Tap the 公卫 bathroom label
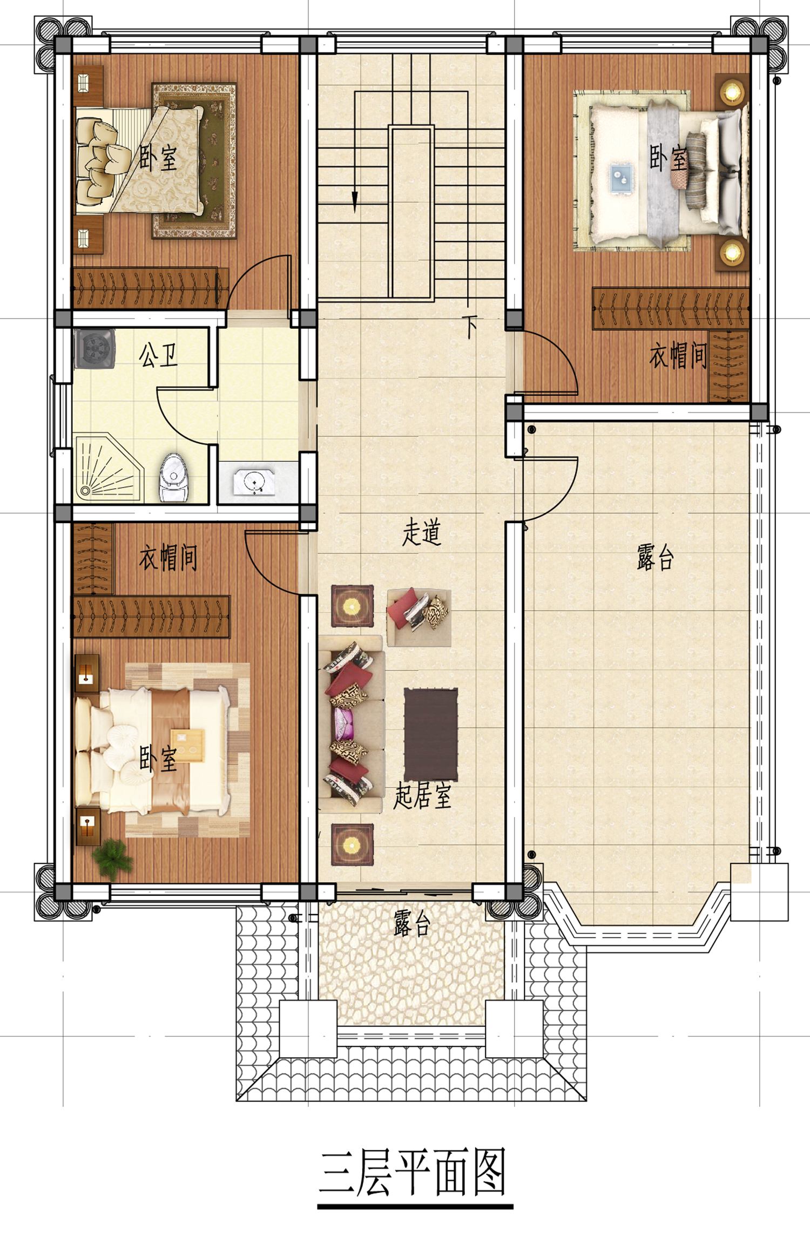pyautogui.click(x=158, y=355)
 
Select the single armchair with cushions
pyautogui.click(x=418, y=617)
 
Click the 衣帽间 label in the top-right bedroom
pyautogui.click(x=678, y=356)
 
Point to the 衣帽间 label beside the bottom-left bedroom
pyautogui.click(x=168, y=558)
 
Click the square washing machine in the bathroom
pyautogui.click(x=94, y=348)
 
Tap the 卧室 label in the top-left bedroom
pyautogui.click(x=158, y=158)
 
